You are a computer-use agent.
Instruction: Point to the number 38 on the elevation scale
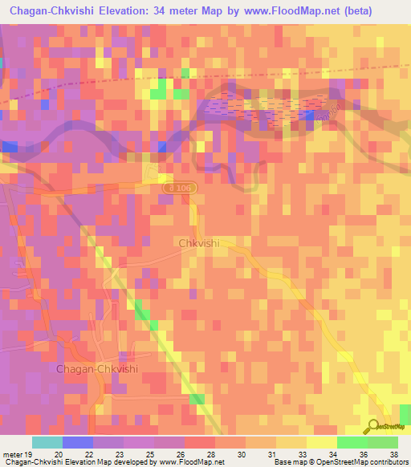[393, 455]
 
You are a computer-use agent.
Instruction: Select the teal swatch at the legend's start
[47, 442]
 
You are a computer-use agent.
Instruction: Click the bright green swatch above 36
[352, 442]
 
